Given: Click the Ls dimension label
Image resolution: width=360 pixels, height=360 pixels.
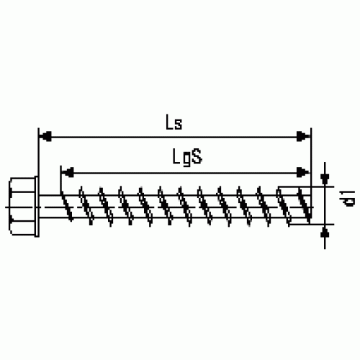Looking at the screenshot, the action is click(174, 122).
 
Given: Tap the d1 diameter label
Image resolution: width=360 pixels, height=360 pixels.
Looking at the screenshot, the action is click(348, 198).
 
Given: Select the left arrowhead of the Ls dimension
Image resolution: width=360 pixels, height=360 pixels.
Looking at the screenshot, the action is click(45, 137).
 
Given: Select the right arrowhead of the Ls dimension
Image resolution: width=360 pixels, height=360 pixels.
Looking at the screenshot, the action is click(303, 137).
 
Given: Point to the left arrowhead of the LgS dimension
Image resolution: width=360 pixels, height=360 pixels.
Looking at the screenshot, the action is click(67, 172).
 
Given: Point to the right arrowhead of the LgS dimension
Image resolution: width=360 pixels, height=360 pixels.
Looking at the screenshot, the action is click(303, 172).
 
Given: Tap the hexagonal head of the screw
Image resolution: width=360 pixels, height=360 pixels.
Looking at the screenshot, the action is click(22, 207).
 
